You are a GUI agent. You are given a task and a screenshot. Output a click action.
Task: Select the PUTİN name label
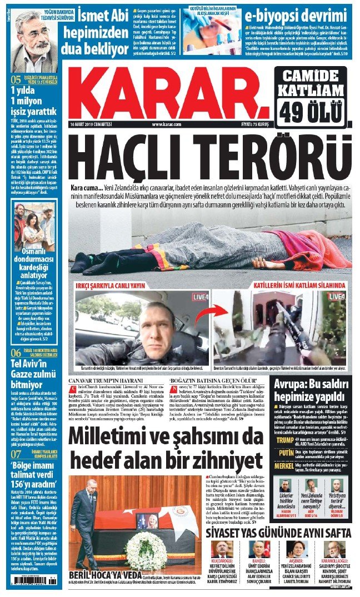(284, 468)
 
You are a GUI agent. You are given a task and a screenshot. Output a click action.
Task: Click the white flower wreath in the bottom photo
(146, 547)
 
